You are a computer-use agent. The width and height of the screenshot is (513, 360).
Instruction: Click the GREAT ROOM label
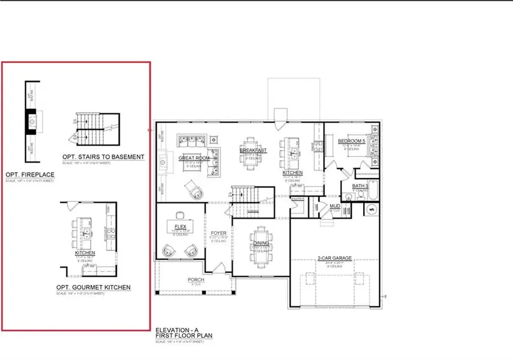coord(192,158)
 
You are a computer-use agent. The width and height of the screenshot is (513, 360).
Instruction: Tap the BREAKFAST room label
coord(253,150)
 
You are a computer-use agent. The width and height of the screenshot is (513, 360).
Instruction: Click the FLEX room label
coord(180,226)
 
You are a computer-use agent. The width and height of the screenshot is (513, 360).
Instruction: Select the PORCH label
coord(196,280)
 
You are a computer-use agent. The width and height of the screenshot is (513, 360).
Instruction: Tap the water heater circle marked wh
coord(372,209)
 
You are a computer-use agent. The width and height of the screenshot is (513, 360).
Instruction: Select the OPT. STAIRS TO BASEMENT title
coord(103,156)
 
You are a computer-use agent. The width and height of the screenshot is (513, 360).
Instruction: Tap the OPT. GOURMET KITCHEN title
coord(93,287)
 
